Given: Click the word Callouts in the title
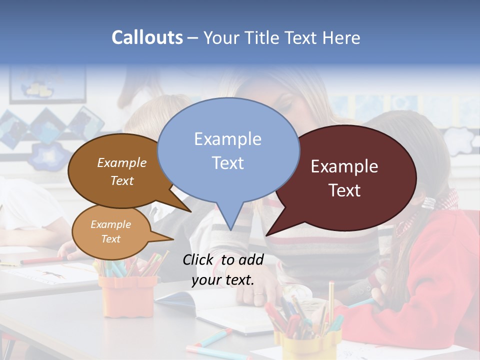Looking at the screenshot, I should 147,37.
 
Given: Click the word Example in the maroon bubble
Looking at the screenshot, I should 344,166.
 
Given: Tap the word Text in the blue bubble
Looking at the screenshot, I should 228,163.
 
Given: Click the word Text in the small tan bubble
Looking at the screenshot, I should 110,239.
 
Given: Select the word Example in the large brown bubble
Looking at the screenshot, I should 122,163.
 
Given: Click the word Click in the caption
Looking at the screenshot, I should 198,259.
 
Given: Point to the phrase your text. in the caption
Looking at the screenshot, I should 223,280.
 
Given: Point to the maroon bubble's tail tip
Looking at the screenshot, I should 266,235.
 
